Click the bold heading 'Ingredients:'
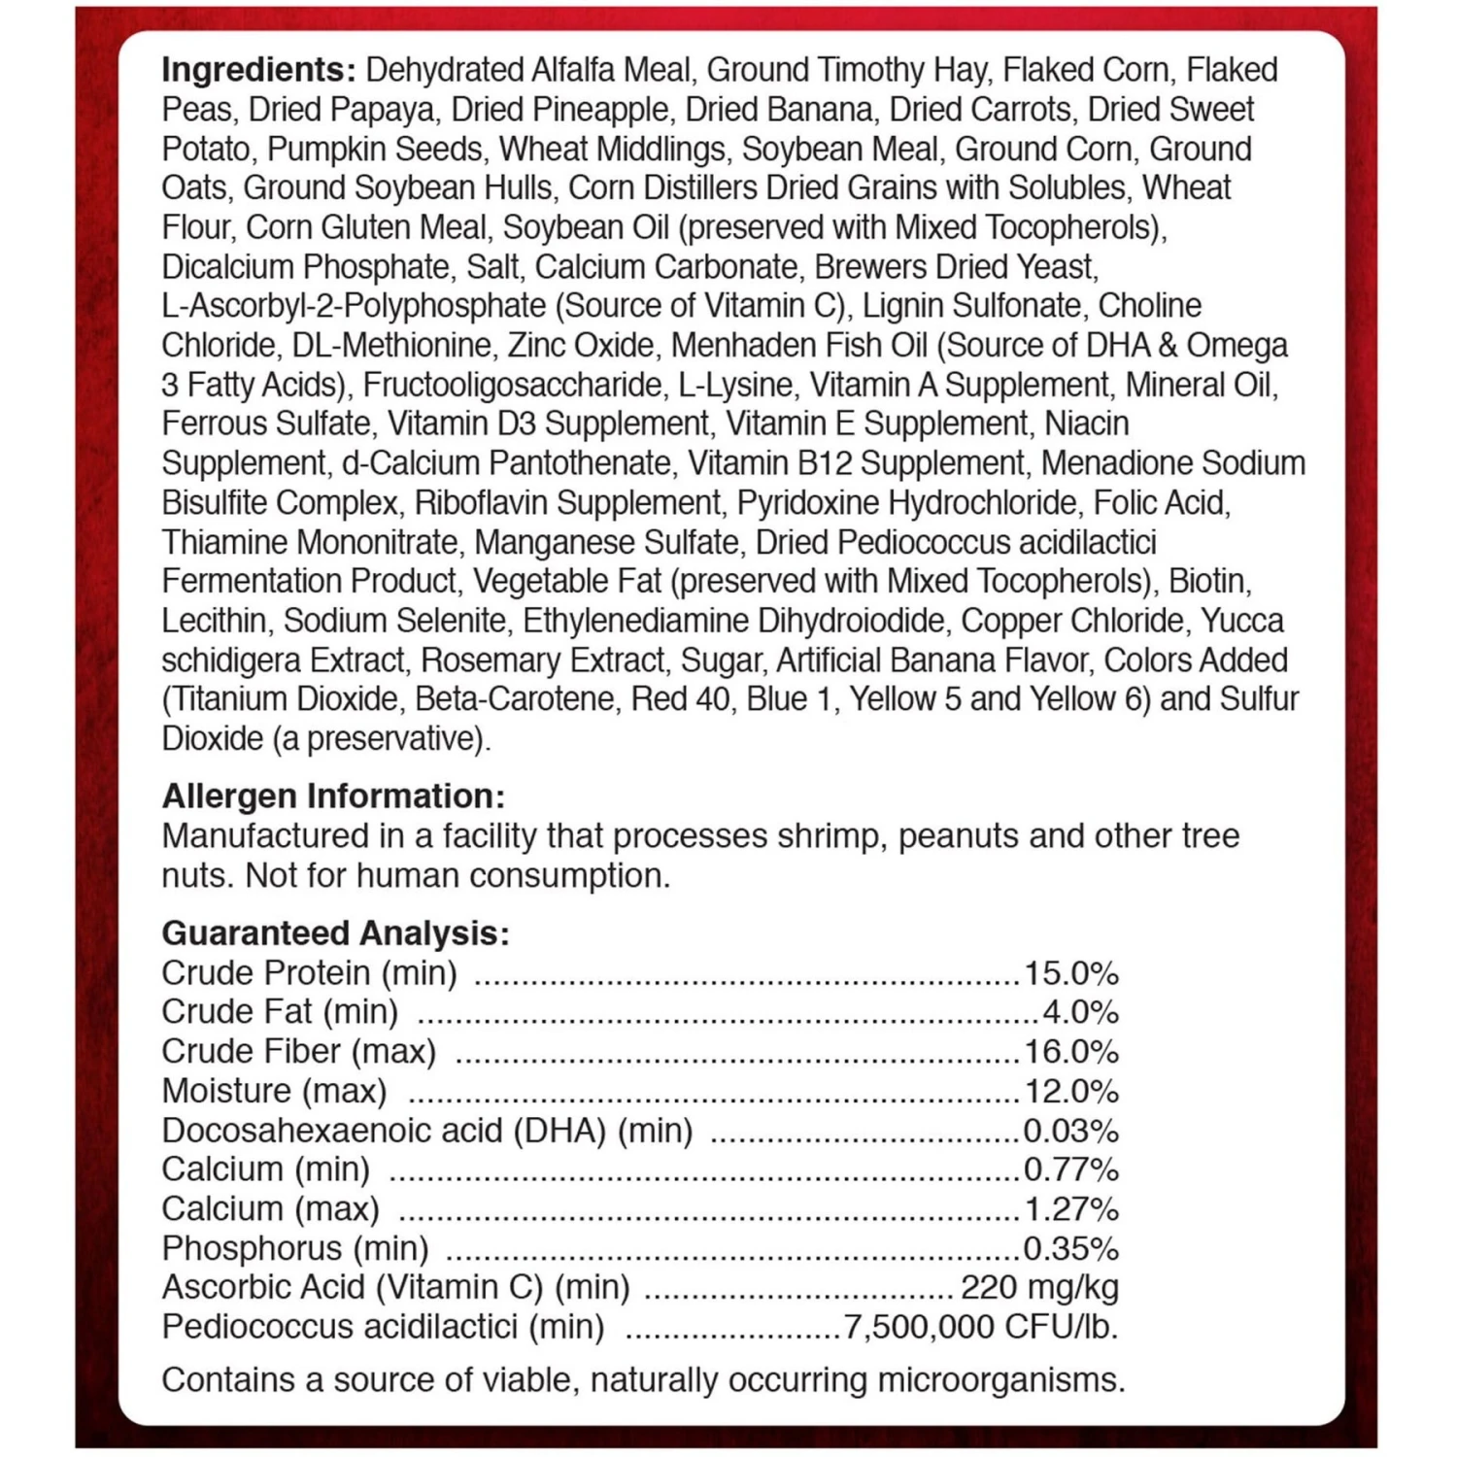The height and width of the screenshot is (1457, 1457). tap(258, 71)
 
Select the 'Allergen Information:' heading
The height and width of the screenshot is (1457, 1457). tap(333, 796)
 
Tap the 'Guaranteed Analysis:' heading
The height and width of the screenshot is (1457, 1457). tap(335, 933)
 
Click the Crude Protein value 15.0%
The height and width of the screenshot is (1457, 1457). tap(1071, 973)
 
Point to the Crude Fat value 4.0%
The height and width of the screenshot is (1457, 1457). tap(1080, 1012)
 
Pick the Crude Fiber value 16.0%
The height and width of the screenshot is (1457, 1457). tap(1071, 1052)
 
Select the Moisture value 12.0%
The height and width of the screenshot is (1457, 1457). tap(1071, 1092)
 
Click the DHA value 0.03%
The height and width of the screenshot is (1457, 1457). tap(1071, 1132)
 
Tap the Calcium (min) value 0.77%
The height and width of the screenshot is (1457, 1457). tap(1071, 1170)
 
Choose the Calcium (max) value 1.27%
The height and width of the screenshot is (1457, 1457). tap(1071, 1209)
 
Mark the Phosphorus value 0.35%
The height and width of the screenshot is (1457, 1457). tap(1071, 1249)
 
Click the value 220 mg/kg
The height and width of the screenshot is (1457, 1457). tap(1039, 1288)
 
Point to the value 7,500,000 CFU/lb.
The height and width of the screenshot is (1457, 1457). tap(981, 1327)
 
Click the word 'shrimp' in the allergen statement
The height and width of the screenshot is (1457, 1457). tap(827, 837)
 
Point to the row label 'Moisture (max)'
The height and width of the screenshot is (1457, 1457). tap(274, 1092)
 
